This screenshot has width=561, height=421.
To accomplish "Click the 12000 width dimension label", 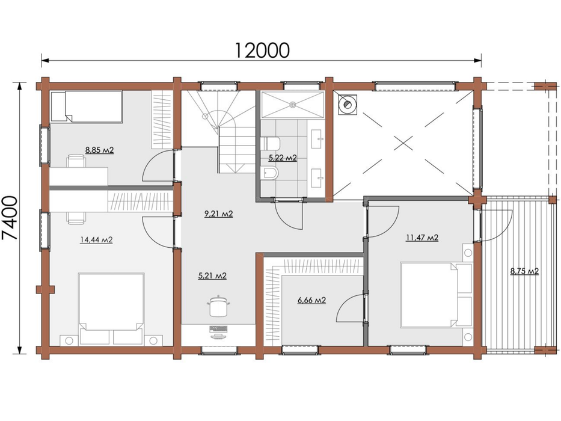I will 262,49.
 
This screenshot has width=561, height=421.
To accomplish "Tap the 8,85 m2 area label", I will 100,150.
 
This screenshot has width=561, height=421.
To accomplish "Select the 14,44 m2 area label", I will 96,239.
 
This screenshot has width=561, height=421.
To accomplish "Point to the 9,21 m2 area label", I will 218,214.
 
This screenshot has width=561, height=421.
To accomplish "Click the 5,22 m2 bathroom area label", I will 283,158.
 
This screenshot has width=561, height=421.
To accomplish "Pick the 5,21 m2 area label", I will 212,276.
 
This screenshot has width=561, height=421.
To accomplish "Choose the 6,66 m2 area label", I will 311,300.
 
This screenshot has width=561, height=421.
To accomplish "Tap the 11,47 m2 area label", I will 422,238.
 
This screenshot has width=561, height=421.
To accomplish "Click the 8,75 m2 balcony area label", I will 524,271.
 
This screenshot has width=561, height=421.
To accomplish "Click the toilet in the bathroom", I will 271,144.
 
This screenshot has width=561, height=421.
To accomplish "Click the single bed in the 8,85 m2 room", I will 86,106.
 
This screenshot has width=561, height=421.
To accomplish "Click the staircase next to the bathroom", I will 219,132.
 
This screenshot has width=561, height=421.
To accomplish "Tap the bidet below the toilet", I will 271,174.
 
